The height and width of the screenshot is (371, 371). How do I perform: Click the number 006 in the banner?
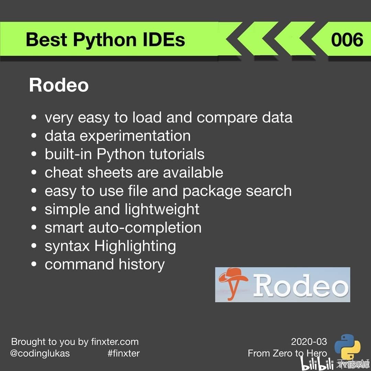tap(347, 40)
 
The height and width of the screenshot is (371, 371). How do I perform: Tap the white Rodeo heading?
tap(59, 85)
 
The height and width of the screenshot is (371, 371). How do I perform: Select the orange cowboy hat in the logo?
tap(233, 276)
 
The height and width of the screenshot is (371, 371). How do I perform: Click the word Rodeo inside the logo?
tap(301, 285)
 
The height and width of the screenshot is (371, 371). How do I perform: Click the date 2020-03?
tap(309, 342)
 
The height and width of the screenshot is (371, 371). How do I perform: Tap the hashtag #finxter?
tap(124, 353)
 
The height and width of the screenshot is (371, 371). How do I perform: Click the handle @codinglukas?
tap(40, 353)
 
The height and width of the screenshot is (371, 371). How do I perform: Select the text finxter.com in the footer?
tap(115, 342)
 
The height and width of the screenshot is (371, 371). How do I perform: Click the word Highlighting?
tap(135, 246)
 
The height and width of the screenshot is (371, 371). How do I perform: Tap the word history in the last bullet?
tap(142, 265)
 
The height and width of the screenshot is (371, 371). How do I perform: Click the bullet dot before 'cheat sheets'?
tap(34, 172)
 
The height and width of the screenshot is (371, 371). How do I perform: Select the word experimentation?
tap(135, 136)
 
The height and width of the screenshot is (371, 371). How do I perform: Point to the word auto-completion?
tap(145, 228)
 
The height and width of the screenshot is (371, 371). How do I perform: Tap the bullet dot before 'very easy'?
tap(34, 117)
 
